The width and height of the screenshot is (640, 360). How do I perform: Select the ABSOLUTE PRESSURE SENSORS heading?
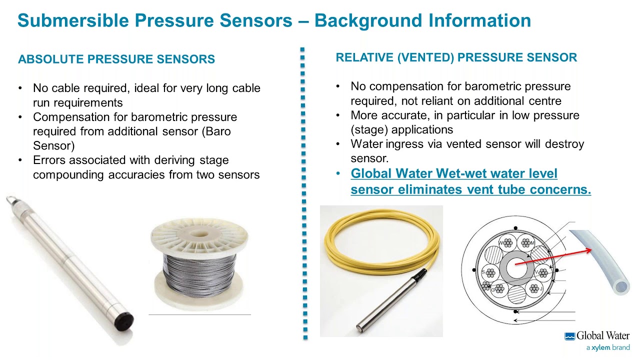click(x=116, y=59)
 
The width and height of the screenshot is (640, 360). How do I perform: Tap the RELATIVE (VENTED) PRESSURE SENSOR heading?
click(x=456, y=57)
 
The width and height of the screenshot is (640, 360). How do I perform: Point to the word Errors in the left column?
click(x=49, y=160)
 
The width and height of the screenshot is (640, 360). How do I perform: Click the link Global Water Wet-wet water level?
click(x=453, y=174)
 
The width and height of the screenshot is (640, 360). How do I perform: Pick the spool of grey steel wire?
click(x=199, y=270)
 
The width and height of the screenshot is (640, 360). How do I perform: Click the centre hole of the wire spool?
click(x=199, y=233)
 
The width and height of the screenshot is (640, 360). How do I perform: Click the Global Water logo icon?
click(x=569, y=336)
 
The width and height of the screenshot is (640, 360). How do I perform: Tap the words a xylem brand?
click(x=607, y=347)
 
